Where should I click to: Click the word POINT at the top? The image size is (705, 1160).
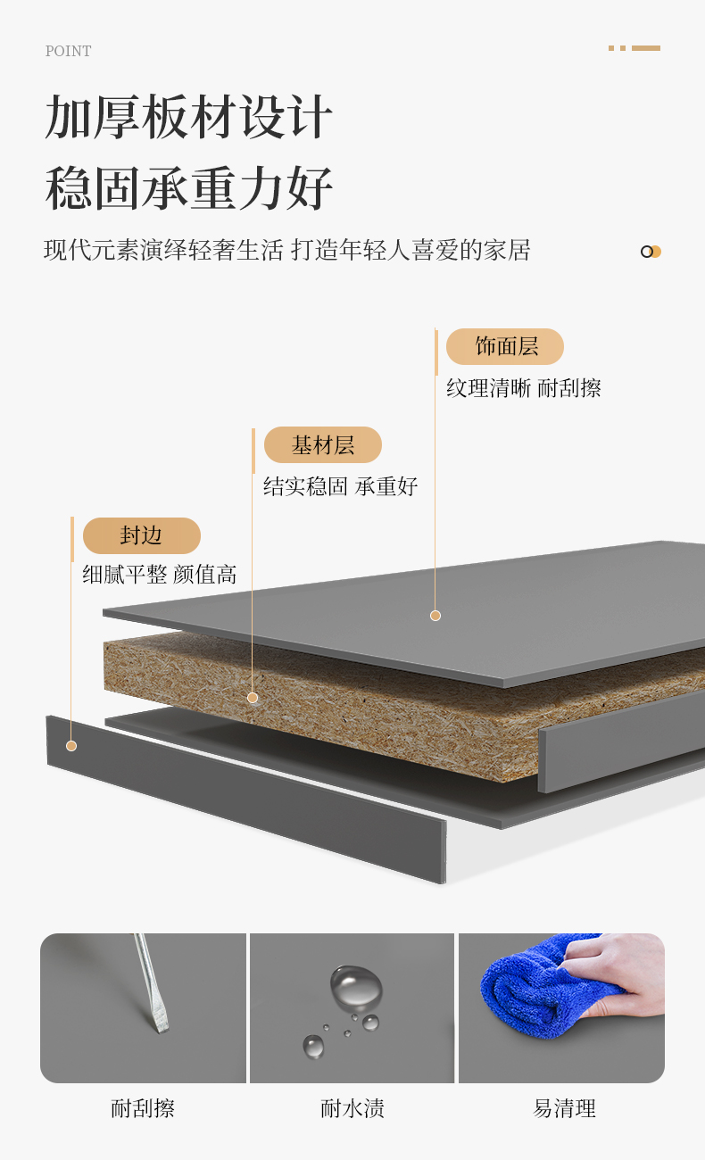point(68,51)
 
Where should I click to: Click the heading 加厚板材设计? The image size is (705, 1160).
point(188,117)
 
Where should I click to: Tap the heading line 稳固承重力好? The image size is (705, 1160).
point(188,188)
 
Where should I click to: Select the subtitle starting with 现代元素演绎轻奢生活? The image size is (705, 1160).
point(286,250)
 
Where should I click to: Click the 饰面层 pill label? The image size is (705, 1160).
point(505,346)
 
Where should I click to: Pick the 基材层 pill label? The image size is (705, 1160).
point(323,444)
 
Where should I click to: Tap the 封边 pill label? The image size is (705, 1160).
point(142,535)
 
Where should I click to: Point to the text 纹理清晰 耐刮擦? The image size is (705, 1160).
point(524,388)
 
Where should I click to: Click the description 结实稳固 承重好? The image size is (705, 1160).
point(340,486)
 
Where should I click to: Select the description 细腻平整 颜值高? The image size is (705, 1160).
point(160,575)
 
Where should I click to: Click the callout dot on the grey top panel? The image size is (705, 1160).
point(435,616)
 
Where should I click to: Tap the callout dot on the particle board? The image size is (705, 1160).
point(253,698)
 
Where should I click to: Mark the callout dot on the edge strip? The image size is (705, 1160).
point(71,746)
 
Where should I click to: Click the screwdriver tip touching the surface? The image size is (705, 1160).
point(161,1028)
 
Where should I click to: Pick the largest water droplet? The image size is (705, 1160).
point(356,987)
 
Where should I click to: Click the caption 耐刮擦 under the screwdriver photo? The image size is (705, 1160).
point(143,1108)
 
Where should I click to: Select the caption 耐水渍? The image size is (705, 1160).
point(352,1108)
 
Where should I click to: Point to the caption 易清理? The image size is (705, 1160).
point(564,1108)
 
